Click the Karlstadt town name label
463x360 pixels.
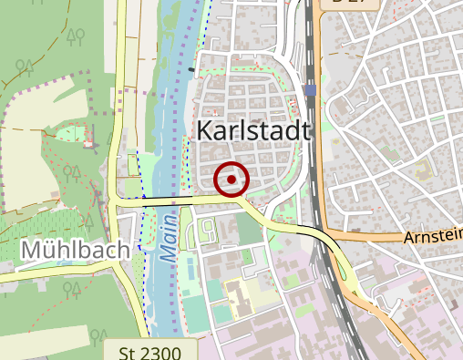tap(254, 130)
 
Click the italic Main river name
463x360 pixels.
tap(169, 240)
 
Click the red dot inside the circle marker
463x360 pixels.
tap(231, 180)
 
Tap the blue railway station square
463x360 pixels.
tap(312, 90)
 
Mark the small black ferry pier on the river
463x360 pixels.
tap(191, 68)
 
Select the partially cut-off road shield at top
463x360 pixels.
tap(350, 4)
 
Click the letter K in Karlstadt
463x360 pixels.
tap(205, 130)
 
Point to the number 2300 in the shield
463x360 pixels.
tap(157, 352)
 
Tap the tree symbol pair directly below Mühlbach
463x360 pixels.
tap(70, 291)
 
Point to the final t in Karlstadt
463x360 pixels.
tap(307, 130)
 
